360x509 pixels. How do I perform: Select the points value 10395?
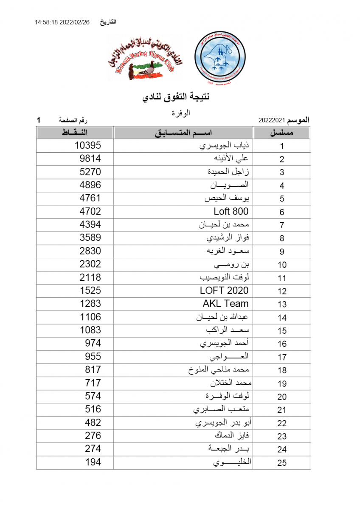coord(88,145)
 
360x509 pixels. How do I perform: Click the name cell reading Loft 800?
coord(231,211)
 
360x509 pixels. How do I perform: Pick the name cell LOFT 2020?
coord(224,291)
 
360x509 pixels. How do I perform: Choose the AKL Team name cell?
coord(225,304)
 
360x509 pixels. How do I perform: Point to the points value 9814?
coord(90,159)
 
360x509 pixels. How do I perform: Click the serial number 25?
coord(282,463)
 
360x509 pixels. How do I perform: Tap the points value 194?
coord(93,462)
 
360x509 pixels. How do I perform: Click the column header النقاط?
coord(75,133)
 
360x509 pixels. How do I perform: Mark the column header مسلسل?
coord(282,133)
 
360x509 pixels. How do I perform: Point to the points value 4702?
coord(90,211)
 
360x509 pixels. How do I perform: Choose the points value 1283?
coord(90,304)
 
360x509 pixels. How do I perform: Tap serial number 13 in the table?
coord(282,304)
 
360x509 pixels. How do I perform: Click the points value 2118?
coord(90,277)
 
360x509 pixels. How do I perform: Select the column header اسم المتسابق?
coord(183,133)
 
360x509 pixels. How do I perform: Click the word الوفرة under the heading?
coord(180,113)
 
